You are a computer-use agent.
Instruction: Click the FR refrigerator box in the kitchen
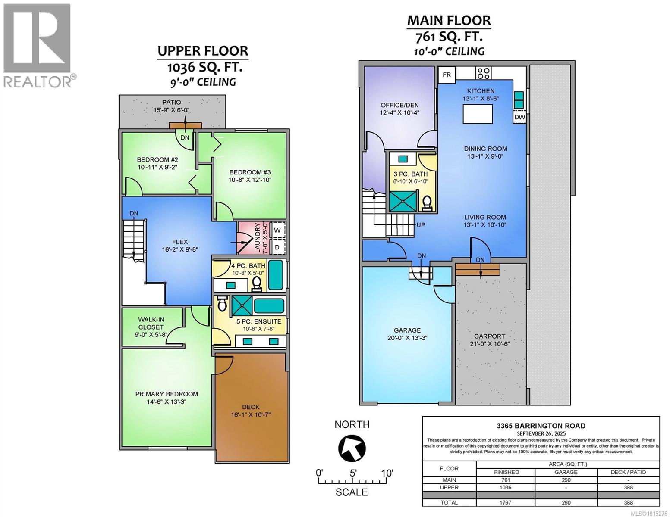(x=447, y=75)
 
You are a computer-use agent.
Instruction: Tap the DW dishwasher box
(x=519, y=117)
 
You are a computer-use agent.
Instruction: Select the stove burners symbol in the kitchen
(x=483, y=73)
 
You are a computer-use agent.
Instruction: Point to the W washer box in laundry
(x=277, y=230)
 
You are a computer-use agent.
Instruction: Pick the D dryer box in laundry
(x=277, y=247)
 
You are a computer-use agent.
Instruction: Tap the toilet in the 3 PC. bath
(x=427, y=202)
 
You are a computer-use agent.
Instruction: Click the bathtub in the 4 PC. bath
(x=276, y=275)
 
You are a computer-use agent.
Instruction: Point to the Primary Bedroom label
(x=167, y=394)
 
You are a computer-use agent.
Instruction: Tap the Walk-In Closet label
(x=151, y=323)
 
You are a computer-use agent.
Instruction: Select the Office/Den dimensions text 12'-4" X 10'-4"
(x=399, y=112)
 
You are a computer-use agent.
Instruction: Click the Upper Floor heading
(x=203, y=51)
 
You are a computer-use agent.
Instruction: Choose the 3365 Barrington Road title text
(x=541, y=426)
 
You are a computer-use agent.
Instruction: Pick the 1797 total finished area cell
(x=505, y=502)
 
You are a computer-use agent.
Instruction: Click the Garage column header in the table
(x=566, y=472)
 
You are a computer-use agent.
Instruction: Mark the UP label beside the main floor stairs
(x=421, y=225)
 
